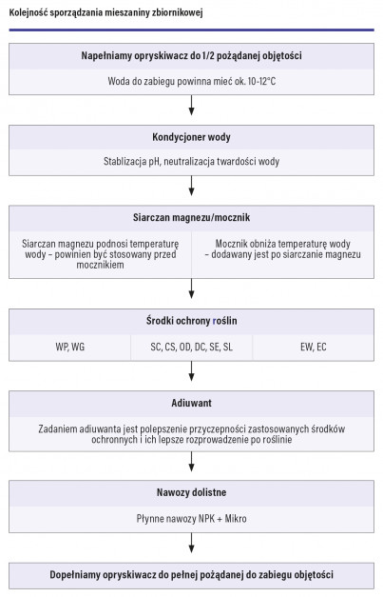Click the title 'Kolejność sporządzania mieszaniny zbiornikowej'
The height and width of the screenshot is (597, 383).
106,12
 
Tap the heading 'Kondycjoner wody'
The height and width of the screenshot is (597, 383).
192,137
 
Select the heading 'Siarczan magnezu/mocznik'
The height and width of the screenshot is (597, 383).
192,217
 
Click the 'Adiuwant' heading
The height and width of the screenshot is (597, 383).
192,403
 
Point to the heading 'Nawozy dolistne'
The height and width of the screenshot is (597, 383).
192,492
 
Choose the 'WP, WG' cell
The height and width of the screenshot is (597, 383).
70,347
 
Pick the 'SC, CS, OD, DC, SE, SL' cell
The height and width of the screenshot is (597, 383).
192,347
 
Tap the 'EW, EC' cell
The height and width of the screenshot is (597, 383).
314,347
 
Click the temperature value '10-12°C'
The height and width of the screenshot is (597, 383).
261,81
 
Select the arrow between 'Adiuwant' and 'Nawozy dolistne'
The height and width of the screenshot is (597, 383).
192,462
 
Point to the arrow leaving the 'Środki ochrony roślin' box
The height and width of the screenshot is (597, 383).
192,371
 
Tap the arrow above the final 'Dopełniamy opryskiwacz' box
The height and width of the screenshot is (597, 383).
192,543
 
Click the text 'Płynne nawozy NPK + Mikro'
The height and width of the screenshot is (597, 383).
192,519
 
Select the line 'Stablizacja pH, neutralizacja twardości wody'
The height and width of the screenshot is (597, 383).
192,162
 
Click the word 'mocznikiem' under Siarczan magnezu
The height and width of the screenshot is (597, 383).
101,265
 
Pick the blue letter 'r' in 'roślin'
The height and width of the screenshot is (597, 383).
215,321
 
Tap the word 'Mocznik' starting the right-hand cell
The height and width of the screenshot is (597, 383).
231,244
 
